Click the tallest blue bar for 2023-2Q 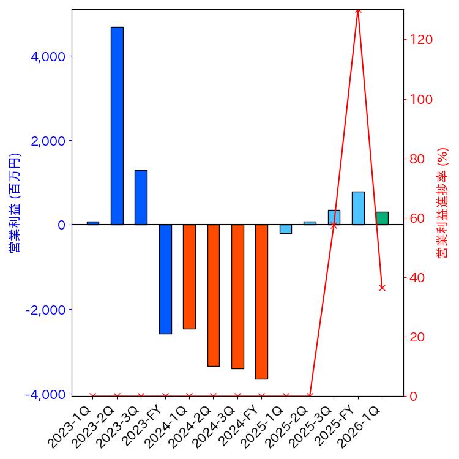117,125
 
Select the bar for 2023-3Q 141,197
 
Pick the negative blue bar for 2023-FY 165,279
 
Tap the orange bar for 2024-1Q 189,277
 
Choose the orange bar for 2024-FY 261,302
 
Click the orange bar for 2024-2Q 213,295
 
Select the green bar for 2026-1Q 382,218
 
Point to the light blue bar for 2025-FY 358,208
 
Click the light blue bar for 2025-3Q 334,217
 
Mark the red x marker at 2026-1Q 382,288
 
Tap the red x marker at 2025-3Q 334,226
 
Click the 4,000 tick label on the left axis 48,56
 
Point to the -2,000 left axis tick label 45,310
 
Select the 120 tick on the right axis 422,40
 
